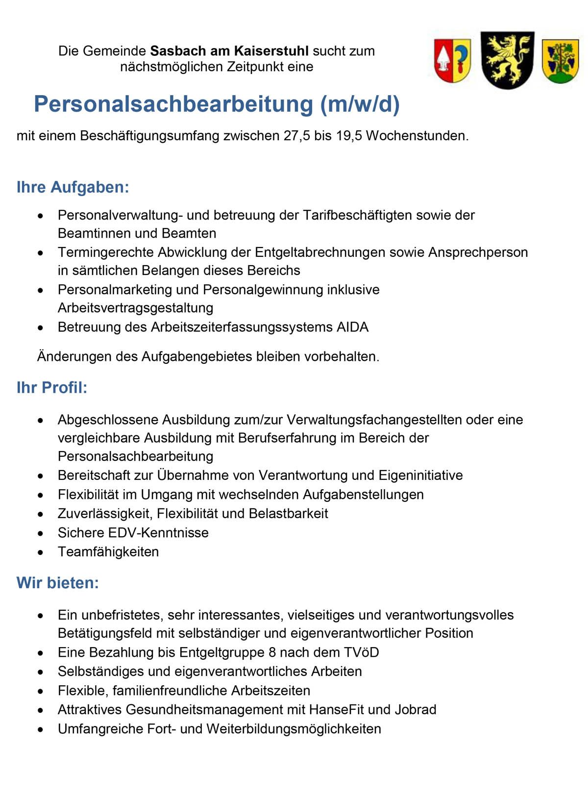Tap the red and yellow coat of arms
(452, 60)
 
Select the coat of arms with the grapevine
(561, 61)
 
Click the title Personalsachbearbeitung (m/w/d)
(217, 104)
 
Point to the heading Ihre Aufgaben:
(73, 187)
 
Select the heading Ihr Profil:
(52, 388)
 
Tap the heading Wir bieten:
(58, 583)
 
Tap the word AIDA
(352, 327)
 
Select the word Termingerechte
(105, 252)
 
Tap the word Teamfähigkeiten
(108, 552)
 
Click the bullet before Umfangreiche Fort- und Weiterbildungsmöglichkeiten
(41, 729)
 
